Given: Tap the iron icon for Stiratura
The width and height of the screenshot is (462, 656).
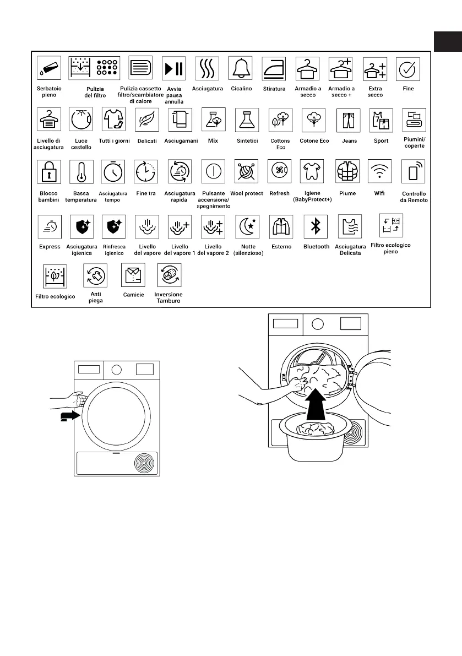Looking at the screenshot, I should coord(274,68).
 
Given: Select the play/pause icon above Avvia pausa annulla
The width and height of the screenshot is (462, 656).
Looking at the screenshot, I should coord(173,68).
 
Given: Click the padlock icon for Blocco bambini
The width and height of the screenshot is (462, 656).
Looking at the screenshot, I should coord(48,172).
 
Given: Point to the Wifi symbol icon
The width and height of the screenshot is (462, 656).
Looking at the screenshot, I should coord(380,171).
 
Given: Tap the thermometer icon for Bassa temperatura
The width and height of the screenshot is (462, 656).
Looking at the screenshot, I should coord(82,172).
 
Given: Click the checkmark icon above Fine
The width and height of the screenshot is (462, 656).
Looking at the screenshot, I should coord(408,68).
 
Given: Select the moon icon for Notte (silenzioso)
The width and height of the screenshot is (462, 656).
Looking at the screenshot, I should coord(247,225).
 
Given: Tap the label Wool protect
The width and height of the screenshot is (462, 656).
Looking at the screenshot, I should coord(247,193).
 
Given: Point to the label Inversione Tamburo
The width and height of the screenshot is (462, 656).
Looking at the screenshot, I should coord(169,297).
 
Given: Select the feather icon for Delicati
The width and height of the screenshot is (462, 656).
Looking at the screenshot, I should coord(146,119).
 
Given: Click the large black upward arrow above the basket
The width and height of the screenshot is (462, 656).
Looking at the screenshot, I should coord(314,402).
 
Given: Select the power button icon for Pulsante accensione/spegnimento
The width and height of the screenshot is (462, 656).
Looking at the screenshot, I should coord(213,171).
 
